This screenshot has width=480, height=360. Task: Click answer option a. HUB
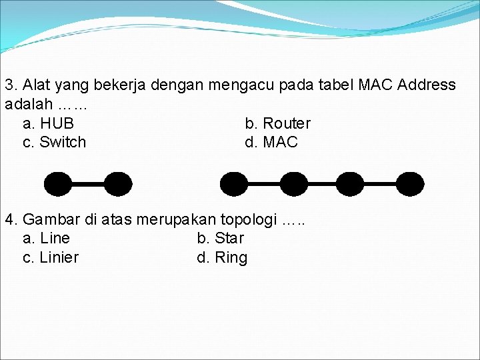point(48,123)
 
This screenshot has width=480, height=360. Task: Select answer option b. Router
point(277,123)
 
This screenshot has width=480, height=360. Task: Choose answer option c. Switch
point(54,142)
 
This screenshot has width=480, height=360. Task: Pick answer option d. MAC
point(271,142)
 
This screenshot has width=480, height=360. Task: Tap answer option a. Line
point(46,238)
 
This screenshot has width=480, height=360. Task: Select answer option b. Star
point(221,238)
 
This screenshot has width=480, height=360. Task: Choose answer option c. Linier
point(51,257)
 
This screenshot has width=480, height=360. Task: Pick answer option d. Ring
point(222,257)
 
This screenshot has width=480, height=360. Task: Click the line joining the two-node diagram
point(88,183)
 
